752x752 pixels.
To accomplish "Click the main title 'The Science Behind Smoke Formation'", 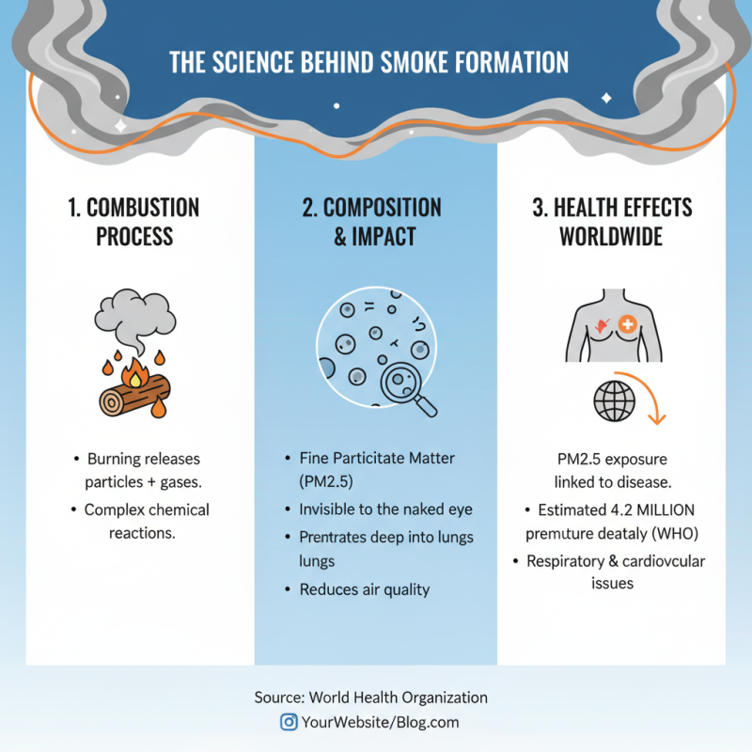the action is (368, 62).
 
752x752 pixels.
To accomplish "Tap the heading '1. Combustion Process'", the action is (133, 222).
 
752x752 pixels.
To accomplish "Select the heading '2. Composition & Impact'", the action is (372, 222).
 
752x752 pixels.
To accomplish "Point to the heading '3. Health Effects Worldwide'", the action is (612, 222).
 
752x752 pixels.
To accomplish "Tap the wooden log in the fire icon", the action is (133, 395).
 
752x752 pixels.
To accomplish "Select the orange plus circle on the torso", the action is (627, 324).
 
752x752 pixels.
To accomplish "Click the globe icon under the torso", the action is (615, 401).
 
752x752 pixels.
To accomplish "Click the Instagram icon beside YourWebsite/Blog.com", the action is (289, 722).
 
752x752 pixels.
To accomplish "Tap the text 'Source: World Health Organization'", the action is (370, 697).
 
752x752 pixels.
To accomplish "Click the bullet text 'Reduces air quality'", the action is (365, 589).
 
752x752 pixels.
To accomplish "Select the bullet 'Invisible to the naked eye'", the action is (385, 509).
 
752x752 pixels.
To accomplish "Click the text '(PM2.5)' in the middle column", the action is (326, 481).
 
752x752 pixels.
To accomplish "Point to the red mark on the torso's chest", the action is (602, 326).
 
